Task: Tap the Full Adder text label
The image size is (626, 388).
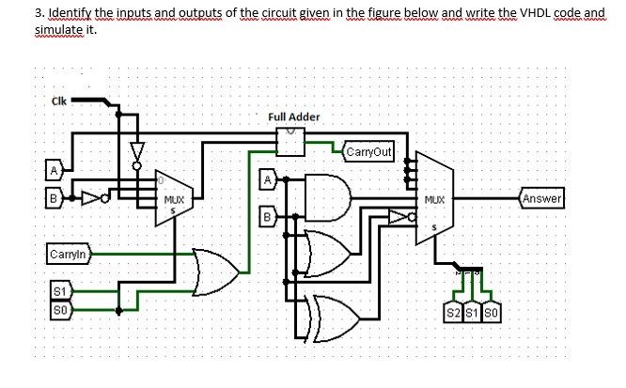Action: click(x=294, y=116)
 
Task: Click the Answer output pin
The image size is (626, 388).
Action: click(x=541, y=198)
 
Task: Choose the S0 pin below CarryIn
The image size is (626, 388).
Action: click(x=58, y=306)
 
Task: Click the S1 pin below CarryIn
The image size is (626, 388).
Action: click(x=58, y=290)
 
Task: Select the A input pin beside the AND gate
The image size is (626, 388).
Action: click(x=268, y=178)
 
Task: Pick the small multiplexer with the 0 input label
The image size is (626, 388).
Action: click(x=172, y=198)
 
